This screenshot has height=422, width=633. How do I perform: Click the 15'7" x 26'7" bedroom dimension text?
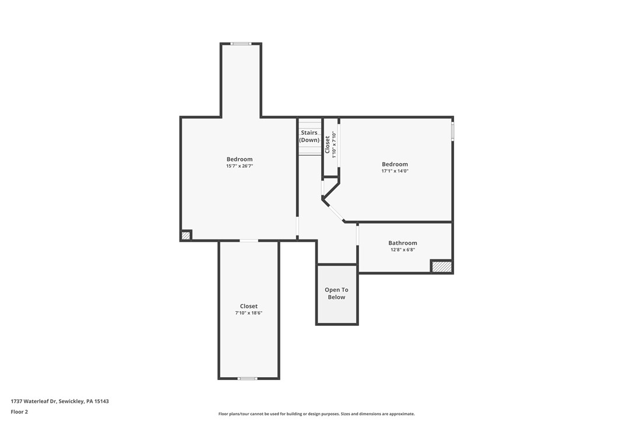pyautogui.click(x=240, y=166)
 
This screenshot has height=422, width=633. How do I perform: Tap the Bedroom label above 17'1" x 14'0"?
pyautogui.click(x=395, y=164)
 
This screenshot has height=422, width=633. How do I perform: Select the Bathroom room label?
pyautogui.click(x=403, y=243)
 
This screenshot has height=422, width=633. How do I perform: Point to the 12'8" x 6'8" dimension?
pyautogui.click(x=403, y=250)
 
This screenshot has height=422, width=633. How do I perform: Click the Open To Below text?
pyautogui.click(x=336, y=293)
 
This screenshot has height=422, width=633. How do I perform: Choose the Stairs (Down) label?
pyautogui.click(x=310, y=136)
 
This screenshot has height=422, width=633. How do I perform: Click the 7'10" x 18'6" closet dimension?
pyautogui.click(x=249, y=313)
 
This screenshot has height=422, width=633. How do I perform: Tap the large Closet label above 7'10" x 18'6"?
pyautogui.click(x=249, y=306)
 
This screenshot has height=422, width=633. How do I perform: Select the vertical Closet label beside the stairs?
pyautogui.click(x=328, y=145)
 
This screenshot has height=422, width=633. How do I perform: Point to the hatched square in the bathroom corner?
pyautogui.click(x=442, y=267)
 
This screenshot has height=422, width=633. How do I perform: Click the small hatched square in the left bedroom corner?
pyautogui.click(x=186, y=235)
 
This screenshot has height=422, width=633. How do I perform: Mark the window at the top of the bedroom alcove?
pyautogui.click(x=241, y=44)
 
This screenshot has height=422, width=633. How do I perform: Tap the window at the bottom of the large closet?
pyautogui.click(x=248, y=379)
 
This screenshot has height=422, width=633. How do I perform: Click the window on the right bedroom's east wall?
pyautogui.click(x=453, y=130)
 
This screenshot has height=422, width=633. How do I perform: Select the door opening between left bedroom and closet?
pyautogui.click(x=249, y=241)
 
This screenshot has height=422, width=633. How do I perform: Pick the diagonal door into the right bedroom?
pyautogui.click(x=334, y=211)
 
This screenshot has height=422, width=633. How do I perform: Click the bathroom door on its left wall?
pyautogui.click(x=357, y=234)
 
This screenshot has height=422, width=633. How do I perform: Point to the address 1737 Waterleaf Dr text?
pyautogui.click(x=60, y=401)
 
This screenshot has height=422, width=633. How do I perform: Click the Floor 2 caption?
pyautogui.click(x=19, y=412)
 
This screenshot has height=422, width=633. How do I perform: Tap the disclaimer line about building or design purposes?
pyautogui.click(x=316, y=414)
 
